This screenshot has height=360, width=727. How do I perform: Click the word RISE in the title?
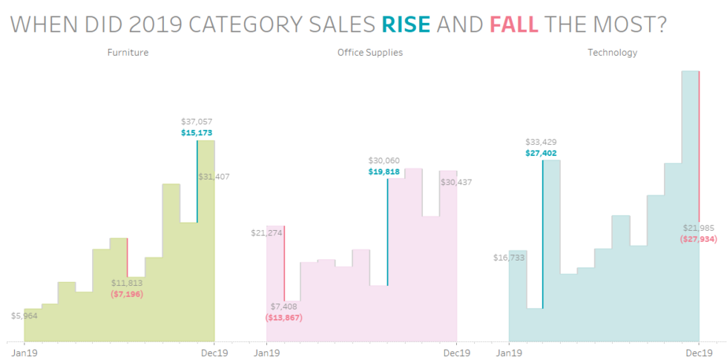(x=407, y=24)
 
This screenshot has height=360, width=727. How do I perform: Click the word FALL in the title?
(x=513, y=24)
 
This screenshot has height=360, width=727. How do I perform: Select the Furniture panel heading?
(x=128, y=53)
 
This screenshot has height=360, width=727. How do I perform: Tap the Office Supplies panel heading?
(x=370, y=53)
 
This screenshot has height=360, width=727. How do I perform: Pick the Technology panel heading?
(x=613, y=53)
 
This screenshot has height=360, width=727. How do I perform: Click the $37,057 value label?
(x=197, y=122)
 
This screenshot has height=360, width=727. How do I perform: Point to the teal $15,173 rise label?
(x=197, y=133)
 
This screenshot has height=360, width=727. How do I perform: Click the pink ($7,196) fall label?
(x=127, y=294)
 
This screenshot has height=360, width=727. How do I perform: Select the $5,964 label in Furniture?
(x=24, y=316)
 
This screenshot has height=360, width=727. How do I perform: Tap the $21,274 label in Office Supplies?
(x=266, y=233)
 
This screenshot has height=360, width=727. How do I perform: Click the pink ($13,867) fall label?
(x=283, y=318)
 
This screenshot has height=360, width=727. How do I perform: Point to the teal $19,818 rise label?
(x=384, y=171)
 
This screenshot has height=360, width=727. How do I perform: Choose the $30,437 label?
(x=456, y=183)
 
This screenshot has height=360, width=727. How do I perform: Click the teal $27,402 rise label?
(x=541, y=153)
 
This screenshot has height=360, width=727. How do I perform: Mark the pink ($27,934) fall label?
(x=699, y=239)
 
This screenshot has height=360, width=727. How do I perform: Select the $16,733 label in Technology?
(x=509, y=258)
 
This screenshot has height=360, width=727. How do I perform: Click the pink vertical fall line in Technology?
(x=699, y=147)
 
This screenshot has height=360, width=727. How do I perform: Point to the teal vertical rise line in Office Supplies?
(x=387, y=232)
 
